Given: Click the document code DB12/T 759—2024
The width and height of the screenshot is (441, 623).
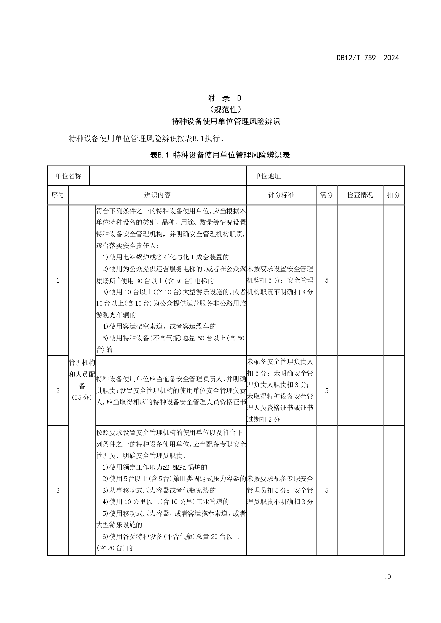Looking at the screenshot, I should click(368, 58).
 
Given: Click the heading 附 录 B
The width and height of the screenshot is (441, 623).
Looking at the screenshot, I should click(224, 98).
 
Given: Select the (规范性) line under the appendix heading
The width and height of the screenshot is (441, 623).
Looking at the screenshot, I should click(225, 109).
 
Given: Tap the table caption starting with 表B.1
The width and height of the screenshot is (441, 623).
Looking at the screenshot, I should click(220, 155).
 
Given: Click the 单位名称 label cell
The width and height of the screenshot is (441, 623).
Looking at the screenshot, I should click(68, 176).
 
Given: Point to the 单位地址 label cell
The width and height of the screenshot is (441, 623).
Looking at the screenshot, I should click(268, 176).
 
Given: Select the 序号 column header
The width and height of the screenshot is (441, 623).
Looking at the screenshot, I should click(58, 195).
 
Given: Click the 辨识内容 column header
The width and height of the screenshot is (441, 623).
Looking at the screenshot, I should click(157, 195).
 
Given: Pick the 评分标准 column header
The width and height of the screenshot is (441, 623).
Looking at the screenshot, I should click(281, 195).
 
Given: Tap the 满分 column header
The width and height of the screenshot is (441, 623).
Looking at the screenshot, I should click(327, 195).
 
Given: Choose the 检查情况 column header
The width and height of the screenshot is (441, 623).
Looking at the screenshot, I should click(360, 195).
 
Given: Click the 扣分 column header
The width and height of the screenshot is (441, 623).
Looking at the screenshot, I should click(394, 195).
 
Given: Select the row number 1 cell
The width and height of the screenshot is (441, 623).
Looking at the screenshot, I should click(58, 280).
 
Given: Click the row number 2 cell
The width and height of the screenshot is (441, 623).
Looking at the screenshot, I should click(58, 391).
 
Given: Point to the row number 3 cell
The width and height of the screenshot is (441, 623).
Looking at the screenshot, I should click(58, 491).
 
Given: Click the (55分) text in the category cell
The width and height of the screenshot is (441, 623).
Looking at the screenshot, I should click(82, 397).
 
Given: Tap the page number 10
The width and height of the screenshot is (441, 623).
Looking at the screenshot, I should click(387, 577).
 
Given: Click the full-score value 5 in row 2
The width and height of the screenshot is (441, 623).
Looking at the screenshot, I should click(327, 391).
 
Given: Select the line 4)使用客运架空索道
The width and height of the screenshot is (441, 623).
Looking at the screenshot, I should click(159, 326).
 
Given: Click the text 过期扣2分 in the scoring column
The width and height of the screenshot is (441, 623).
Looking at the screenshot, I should click(264, 419).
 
